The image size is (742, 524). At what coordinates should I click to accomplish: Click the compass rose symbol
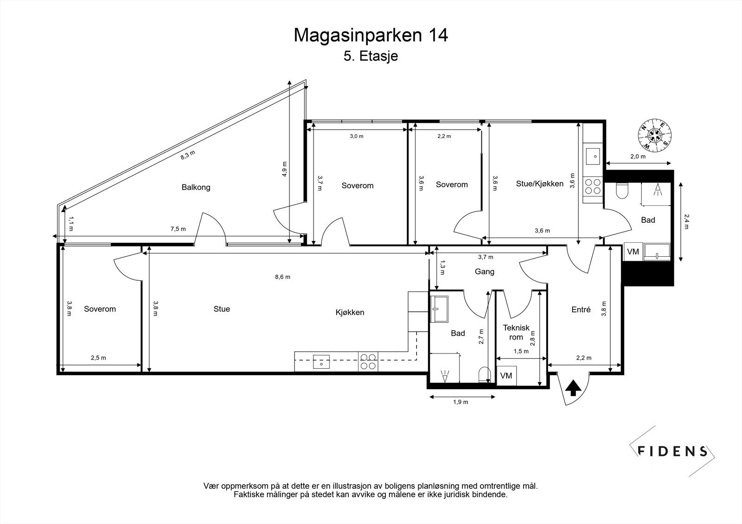click(x=654, y=136)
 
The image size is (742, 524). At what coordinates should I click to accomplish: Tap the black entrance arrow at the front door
click(x=573, y=388)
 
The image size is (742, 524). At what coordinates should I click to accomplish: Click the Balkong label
click(x=196, y=188)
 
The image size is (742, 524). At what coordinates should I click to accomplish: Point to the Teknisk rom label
click(x=516, y=332)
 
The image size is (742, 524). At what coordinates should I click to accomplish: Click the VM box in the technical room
click(x=506, y=375)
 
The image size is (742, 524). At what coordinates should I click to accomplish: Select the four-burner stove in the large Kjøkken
click(x=368, y=361)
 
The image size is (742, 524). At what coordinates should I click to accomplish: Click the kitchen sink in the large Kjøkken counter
click(x=321, y=361)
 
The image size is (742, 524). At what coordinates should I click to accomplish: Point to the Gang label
click(x=485, y=271)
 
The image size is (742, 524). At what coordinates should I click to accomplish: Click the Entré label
click(x=581, y=310)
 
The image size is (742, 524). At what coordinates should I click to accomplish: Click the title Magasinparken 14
click(x=371, y=35)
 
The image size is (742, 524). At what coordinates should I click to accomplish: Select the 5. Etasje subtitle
click(x=371, y=57)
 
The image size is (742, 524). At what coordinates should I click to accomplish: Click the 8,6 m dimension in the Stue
click(x=282, y=277)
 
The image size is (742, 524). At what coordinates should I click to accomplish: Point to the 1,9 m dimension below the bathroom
click(x=461, y=402)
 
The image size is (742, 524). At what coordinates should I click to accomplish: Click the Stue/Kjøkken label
click(x=539, y=184)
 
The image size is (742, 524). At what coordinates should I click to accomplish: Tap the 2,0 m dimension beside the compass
click(x=638, y=157)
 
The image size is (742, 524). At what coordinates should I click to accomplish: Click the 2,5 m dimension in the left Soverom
click(x=98, y=358)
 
